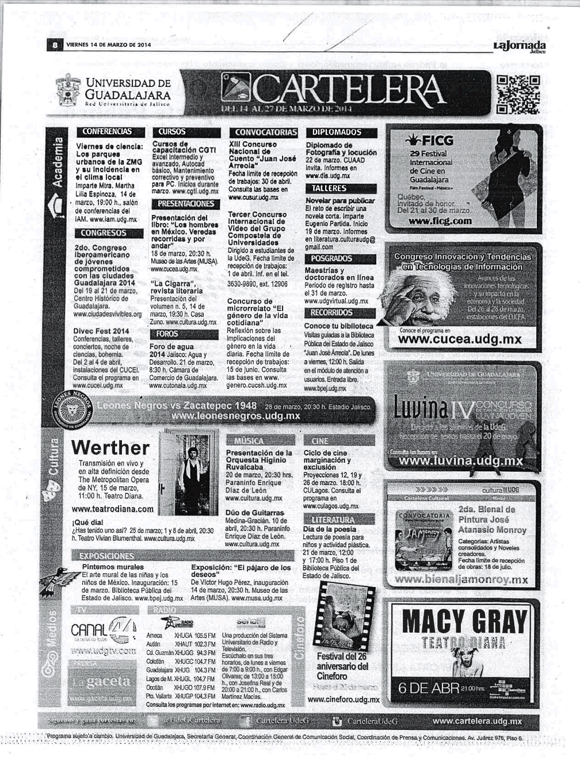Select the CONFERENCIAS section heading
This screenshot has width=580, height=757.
coord(107,131)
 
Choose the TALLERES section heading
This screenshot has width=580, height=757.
coord(329,188)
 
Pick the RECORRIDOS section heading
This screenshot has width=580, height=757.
coord(332,312)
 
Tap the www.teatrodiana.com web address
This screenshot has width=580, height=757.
coord(113,509)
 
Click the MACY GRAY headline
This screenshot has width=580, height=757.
coord(464,623)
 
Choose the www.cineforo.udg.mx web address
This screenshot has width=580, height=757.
coord(344,700)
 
